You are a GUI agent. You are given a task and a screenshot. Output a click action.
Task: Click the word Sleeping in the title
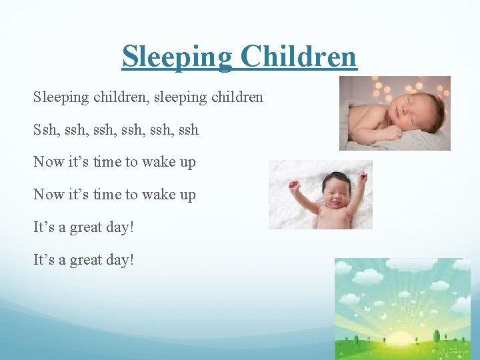[x=177, y=57]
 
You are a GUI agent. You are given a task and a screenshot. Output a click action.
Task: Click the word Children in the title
[x=299, y=57]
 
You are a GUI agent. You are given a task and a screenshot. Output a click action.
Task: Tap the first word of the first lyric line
[x=61, y=97]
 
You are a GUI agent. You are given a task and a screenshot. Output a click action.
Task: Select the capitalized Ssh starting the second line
[x=45, y=129]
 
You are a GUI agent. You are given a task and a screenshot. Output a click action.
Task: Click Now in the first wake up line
[x=47, y=162]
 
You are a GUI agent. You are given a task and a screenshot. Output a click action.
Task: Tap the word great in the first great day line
[x=86, y=227]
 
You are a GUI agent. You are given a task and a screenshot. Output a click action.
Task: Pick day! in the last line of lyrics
[x=120, y=259]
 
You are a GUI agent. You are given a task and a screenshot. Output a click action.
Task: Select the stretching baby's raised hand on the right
[x=362, y=176]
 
